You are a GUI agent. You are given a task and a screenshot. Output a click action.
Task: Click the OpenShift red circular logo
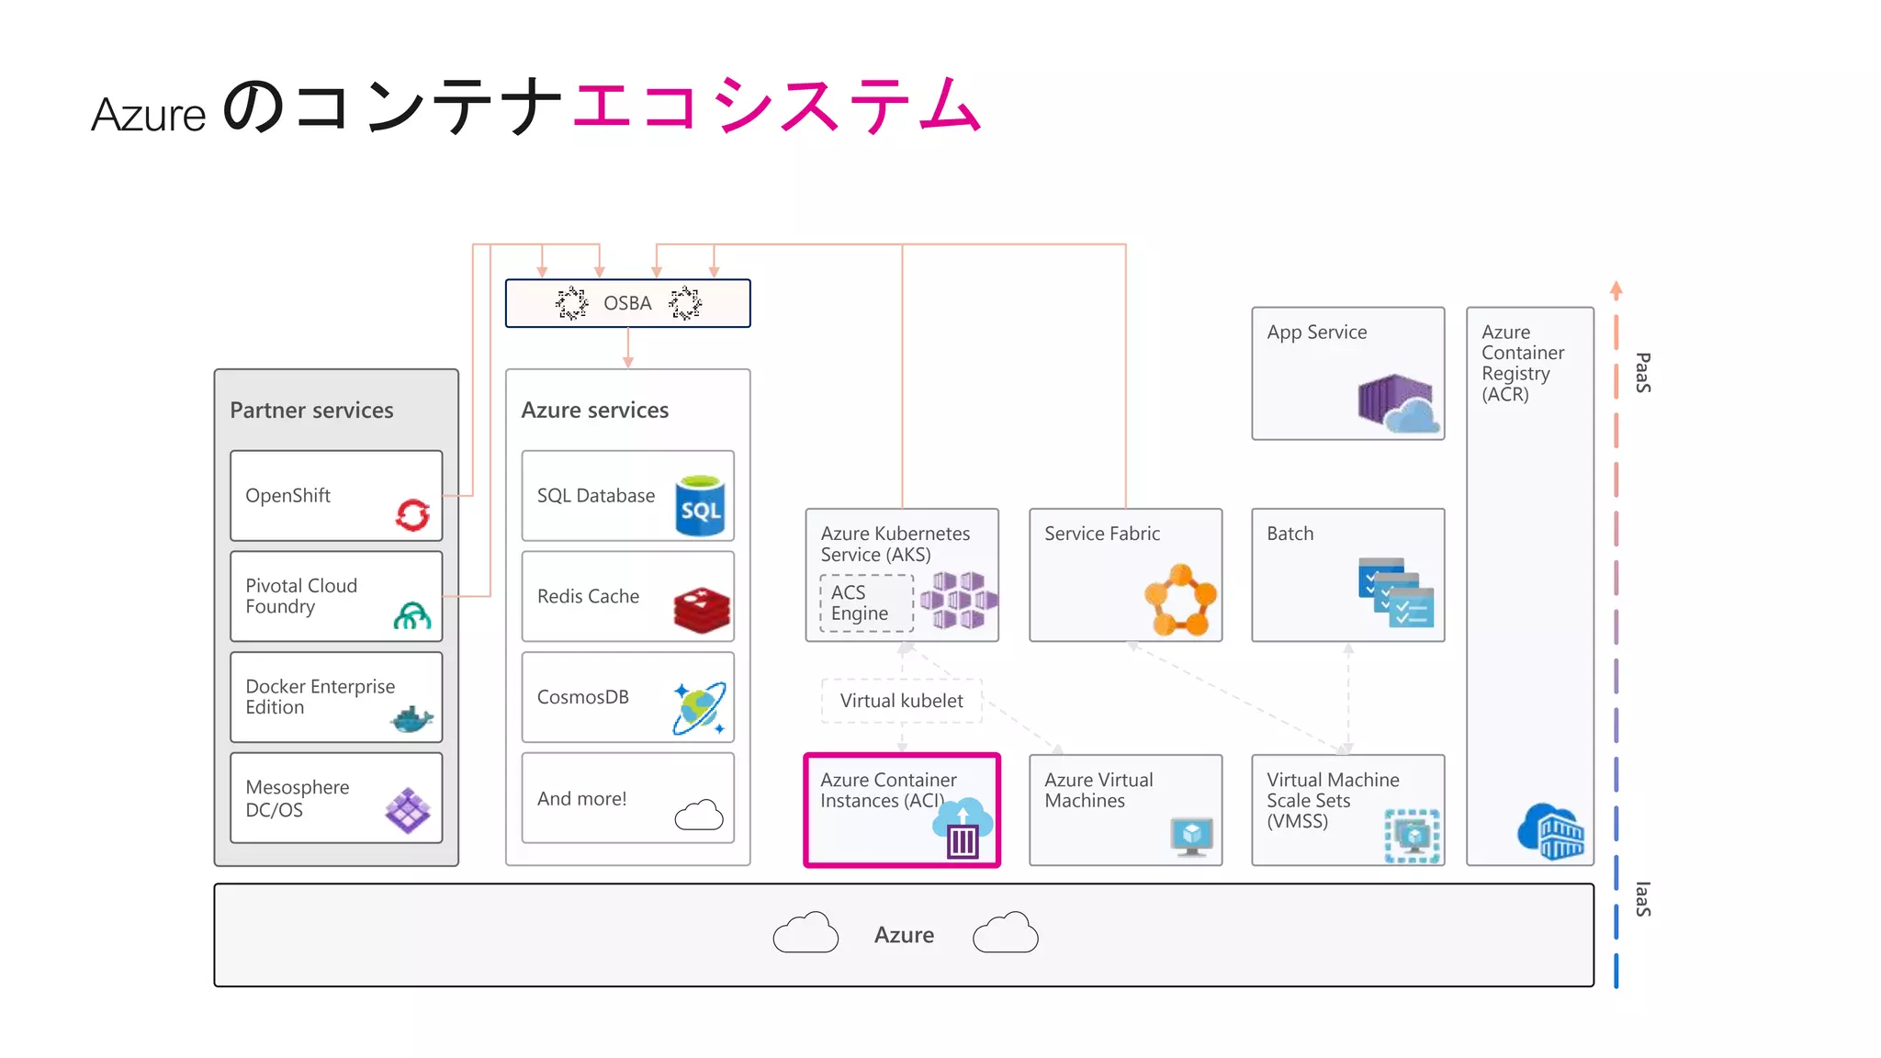[412, 514]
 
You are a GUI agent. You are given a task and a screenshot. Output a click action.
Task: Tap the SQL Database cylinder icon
[700, 505]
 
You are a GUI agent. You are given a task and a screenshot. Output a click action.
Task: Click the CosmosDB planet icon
[699, 708]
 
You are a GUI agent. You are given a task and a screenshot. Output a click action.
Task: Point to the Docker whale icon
[411, 719]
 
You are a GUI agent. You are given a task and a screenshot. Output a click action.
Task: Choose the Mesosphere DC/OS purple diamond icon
[408, 810]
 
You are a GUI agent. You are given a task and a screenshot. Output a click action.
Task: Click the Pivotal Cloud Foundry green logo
[412, 615]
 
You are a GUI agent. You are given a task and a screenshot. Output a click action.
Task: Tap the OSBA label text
[627, 303]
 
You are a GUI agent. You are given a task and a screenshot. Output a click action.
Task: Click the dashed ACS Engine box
[866, 602]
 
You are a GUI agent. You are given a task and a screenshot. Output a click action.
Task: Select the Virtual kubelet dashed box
[901, 701]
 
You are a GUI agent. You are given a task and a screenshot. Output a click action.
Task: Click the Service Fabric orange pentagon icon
[1180, 601]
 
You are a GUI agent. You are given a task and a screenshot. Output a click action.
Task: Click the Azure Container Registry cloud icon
[1551, 831]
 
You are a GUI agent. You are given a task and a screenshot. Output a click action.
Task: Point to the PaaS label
[1642, 373]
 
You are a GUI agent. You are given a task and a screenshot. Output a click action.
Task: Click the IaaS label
[1642, 899]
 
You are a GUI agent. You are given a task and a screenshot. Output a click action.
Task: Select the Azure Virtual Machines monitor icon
[1191, 836]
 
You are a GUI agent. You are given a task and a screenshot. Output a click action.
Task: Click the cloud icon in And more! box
[699, 815]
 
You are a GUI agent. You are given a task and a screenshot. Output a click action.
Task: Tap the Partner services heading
[311, 411]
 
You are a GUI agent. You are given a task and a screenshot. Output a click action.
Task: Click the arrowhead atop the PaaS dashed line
[1616, 289]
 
